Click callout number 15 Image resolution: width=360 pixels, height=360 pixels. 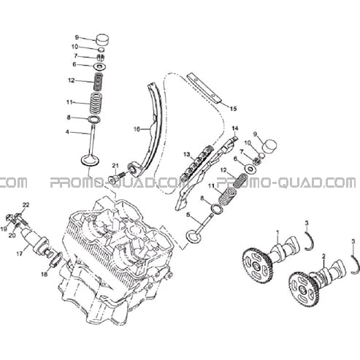click(233, 109)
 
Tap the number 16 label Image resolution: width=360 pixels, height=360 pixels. click(137, 129)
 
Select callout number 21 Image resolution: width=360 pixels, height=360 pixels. click(115, 166)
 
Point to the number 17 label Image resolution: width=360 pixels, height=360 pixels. click(20, 254)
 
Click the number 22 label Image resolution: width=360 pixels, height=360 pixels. click(26, 205)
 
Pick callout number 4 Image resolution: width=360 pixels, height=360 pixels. click(67, 132)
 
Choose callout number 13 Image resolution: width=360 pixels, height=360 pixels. click(186, 154)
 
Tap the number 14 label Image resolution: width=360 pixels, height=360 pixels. click(235, 128)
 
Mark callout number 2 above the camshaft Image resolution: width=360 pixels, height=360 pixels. click(323, 256)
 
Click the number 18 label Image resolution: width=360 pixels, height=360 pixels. click(45, 275)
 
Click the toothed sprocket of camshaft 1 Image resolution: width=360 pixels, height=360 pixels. click(258, 264)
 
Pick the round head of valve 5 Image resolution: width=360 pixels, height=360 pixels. click(194, 237)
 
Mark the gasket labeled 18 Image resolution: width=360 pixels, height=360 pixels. click(56, 259)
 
